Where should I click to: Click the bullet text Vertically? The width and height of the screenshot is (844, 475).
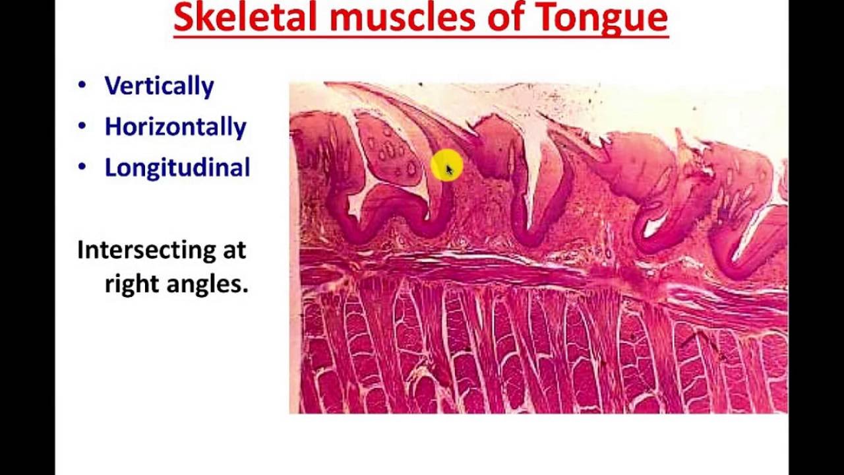(x=159, y=86)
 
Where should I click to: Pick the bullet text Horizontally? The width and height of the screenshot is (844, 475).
(x=175, y=127)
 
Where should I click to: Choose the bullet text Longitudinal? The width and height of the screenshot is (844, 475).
(x=177, y=168)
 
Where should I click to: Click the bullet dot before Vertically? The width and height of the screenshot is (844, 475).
(x=82, y=84)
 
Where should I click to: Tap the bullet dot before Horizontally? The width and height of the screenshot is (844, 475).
(x=82, y=125)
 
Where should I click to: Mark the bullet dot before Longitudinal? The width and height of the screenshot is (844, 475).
(x=82, y=166)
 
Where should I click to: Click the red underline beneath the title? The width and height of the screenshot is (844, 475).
(x=421, y=37)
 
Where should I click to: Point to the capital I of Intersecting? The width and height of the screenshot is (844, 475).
(x=81, y=250)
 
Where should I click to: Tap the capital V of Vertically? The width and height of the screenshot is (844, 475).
(x=113, y=86)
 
